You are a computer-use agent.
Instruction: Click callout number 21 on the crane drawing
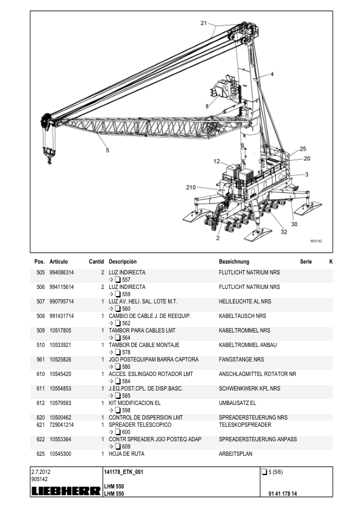204,23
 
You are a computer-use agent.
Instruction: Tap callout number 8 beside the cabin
208,106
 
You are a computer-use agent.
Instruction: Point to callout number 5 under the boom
108,151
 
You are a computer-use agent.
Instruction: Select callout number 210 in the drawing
191,187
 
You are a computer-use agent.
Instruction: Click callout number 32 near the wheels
284,232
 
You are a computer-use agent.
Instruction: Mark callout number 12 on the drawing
217,161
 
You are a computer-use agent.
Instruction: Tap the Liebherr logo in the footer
66,491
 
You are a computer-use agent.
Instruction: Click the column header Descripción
122,262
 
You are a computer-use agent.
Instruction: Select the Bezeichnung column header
234,262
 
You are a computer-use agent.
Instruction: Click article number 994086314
61,273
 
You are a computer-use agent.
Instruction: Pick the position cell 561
41,360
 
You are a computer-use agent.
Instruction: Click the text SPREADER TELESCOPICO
140,425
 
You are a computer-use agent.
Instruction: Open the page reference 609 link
126,447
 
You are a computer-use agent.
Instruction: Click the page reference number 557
126,280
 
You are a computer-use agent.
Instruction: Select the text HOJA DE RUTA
126,454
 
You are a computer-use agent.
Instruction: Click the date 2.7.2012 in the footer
41,472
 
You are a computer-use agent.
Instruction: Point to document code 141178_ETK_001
123,472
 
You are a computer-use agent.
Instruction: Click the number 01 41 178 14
283,494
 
